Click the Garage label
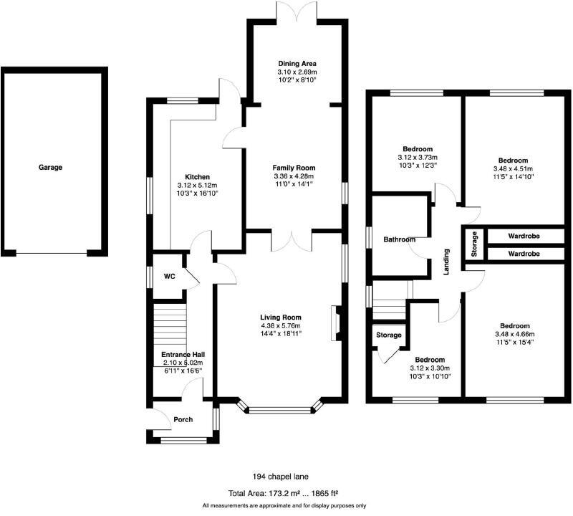(50, 167)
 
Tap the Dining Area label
(297, 64)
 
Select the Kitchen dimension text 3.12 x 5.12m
(197, 184)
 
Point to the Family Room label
(294, 168)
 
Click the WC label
(170, 275)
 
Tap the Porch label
(183, 419)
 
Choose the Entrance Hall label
(183, 354)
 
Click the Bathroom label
(399, 239)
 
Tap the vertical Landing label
(446, 262)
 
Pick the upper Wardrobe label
(524, 236)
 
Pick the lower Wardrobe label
(524, 254)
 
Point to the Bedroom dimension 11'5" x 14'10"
(513, 176)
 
